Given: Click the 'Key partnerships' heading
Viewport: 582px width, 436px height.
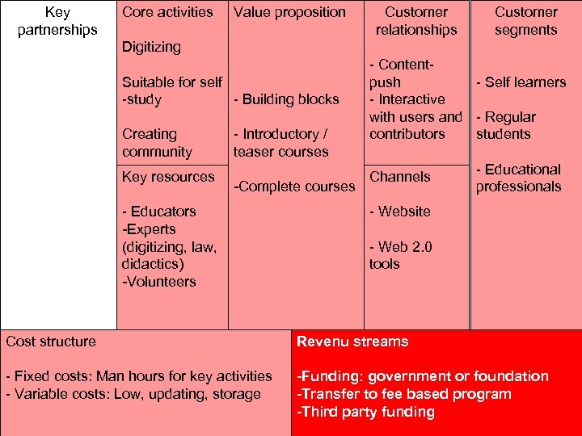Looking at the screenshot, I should [57, 21].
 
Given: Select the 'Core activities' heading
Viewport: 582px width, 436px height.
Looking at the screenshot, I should [167, 12].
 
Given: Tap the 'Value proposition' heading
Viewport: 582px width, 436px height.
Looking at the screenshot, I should [289, 12].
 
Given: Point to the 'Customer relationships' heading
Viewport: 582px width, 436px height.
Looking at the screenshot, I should [416, 21].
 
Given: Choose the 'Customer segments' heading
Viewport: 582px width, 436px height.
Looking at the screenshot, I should [525, 21].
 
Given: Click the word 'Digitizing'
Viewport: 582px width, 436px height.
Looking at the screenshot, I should [151, 47].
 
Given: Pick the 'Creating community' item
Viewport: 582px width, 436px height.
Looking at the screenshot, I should [158, 143].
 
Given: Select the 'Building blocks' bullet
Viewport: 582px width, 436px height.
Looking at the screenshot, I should [286, 99].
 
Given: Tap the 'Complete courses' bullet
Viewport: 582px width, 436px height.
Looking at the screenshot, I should [294, 187].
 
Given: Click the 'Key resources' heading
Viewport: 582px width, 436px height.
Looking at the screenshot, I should [168, 177].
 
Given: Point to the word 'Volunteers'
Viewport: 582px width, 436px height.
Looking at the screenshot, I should [159, 282].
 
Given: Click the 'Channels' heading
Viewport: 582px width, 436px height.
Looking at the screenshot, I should [400, 177].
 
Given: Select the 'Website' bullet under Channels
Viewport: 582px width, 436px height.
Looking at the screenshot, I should [400, 212].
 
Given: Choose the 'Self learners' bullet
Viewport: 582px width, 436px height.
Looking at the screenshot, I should [521, 82].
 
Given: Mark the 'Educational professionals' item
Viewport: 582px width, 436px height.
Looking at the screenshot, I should [518, 178].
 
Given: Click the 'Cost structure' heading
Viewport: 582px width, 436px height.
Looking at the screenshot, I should [51, 342].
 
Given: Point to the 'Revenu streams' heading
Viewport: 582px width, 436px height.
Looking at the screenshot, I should [352, 342].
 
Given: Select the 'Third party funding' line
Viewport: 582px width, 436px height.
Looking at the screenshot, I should [365, 412].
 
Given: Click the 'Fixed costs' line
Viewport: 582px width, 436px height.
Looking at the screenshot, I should [138, 376].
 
